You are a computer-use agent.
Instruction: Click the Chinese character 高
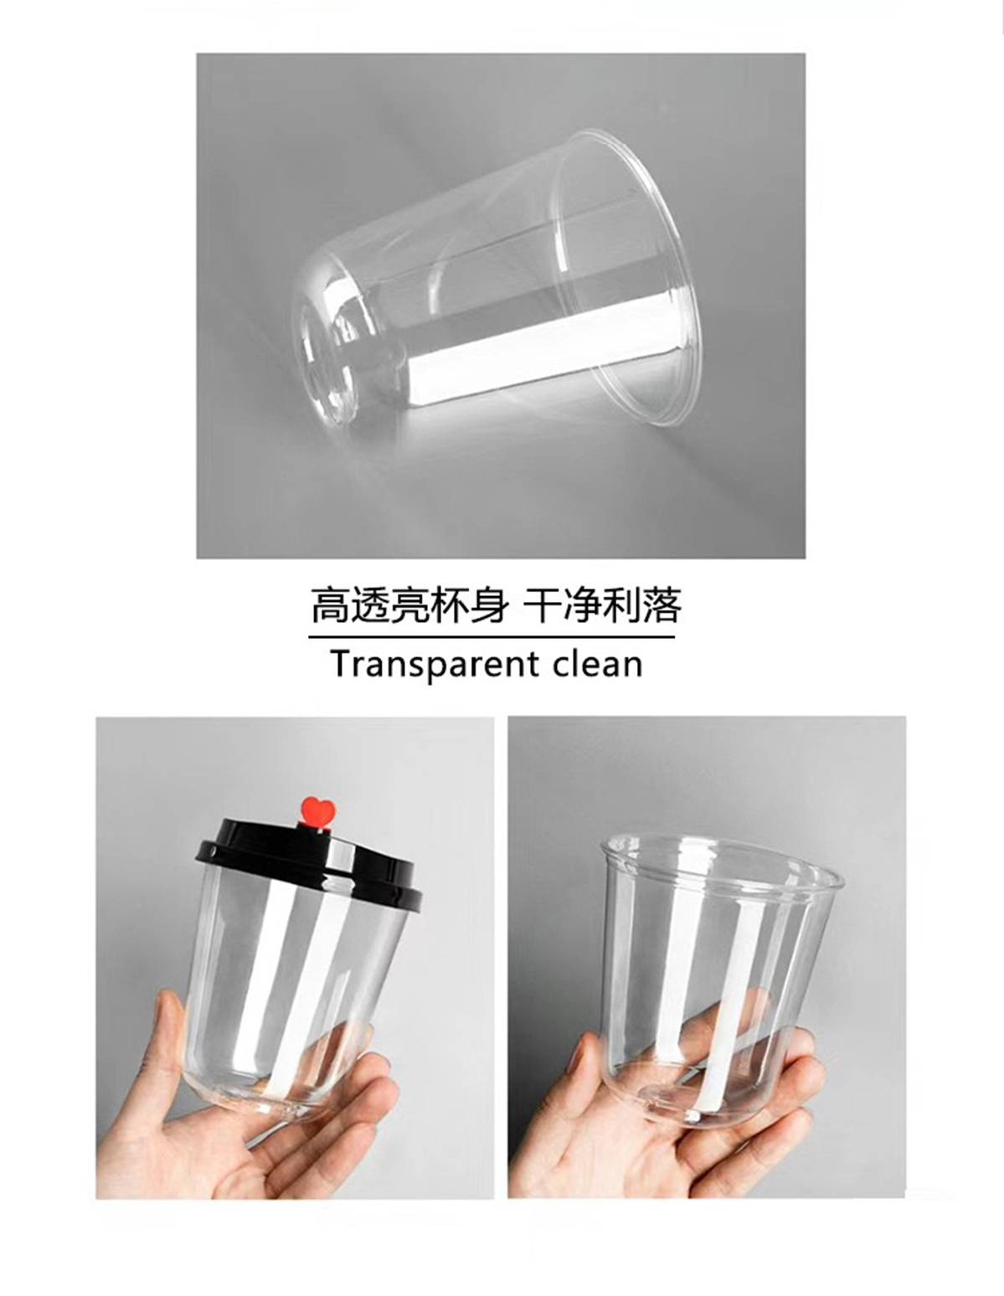tap(330, 605)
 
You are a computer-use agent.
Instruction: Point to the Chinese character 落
tap(662, 605)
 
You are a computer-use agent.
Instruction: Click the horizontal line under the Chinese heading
tap(491, 637)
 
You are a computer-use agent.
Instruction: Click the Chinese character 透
tap(369, 605)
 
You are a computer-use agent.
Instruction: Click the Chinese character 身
tap(487, 605)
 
